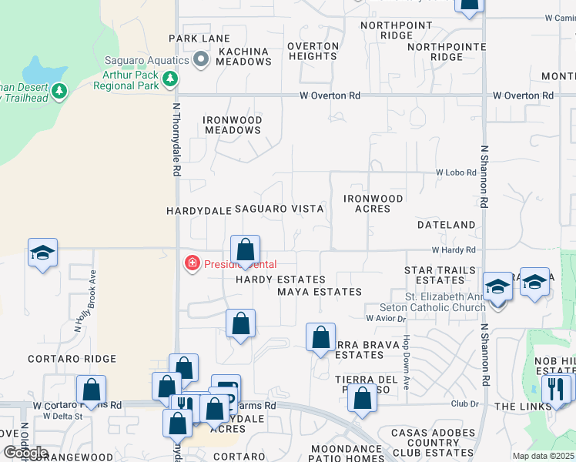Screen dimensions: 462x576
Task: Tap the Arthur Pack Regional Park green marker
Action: tap(170, 79)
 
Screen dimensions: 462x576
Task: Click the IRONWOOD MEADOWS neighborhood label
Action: tap(233, 126)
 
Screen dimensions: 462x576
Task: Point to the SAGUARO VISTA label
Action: tap(279, 209)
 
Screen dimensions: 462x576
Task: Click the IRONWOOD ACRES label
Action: tap(373, 203)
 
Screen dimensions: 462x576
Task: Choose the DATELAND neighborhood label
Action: tap(446, 225)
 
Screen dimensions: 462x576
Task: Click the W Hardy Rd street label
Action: tap(454, 250)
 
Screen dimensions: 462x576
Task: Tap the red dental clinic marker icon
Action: tap(191, 264)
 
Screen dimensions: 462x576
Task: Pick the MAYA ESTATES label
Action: tap(319, 292)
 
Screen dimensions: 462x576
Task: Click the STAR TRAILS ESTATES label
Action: tap(440, 276)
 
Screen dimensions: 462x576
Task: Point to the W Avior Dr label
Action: tap(385, 318)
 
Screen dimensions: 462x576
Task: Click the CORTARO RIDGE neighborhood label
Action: tap(72, 359)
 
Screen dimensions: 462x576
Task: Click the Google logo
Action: tap(25, 453)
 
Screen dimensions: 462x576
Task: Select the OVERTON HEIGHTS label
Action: tap(313, 51)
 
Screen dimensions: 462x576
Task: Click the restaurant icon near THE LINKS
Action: tap(555, 389)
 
